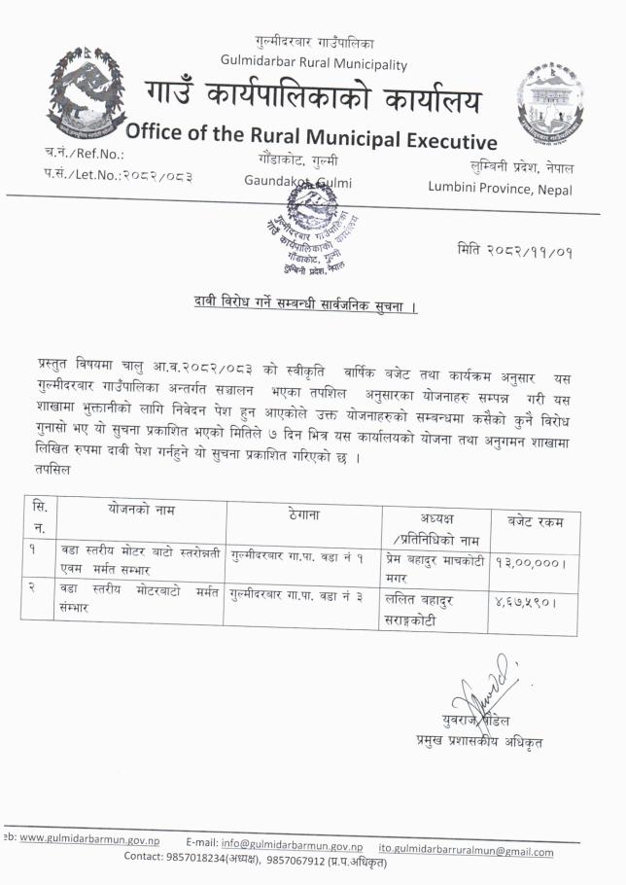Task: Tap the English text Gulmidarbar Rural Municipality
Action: [313, 64]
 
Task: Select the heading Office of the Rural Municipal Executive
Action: [311, 133]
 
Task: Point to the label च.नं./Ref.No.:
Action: [85, 154]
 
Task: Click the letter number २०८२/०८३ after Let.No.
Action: [154, 175]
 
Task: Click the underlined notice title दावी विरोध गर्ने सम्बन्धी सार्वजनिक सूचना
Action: [304, 306]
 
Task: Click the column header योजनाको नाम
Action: [141, 510]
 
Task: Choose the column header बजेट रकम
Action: [535, 521]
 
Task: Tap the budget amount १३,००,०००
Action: [531, 561]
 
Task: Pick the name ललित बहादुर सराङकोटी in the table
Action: [427, 609]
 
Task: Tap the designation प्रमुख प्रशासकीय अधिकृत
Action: [477, 742]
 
